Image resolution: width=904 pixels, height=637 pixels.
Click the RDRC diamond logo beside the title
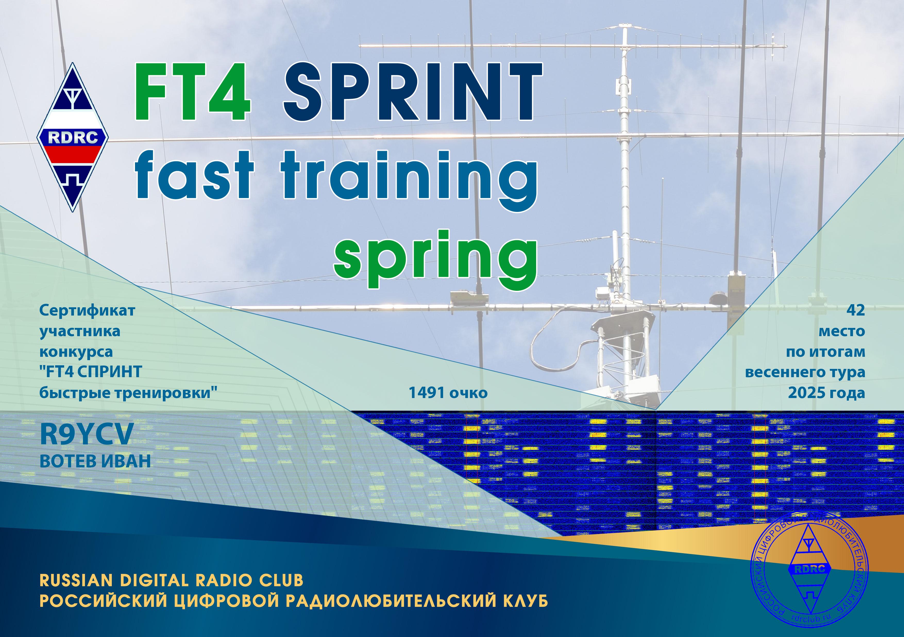pos(73,137)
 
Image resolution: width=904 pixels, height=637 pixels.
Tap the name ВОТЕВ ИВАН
pos(95,461)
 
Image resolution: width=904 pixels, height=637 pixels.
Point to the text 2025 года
pos(826,393)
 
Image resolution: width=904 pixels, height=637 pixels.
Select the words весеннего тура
pos(805,372)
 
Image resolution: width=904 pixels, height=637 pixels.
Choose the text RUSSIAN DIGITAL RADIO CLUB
pos(171,580)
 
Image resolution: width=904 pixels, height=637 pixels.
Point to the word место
pos(842,331)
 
